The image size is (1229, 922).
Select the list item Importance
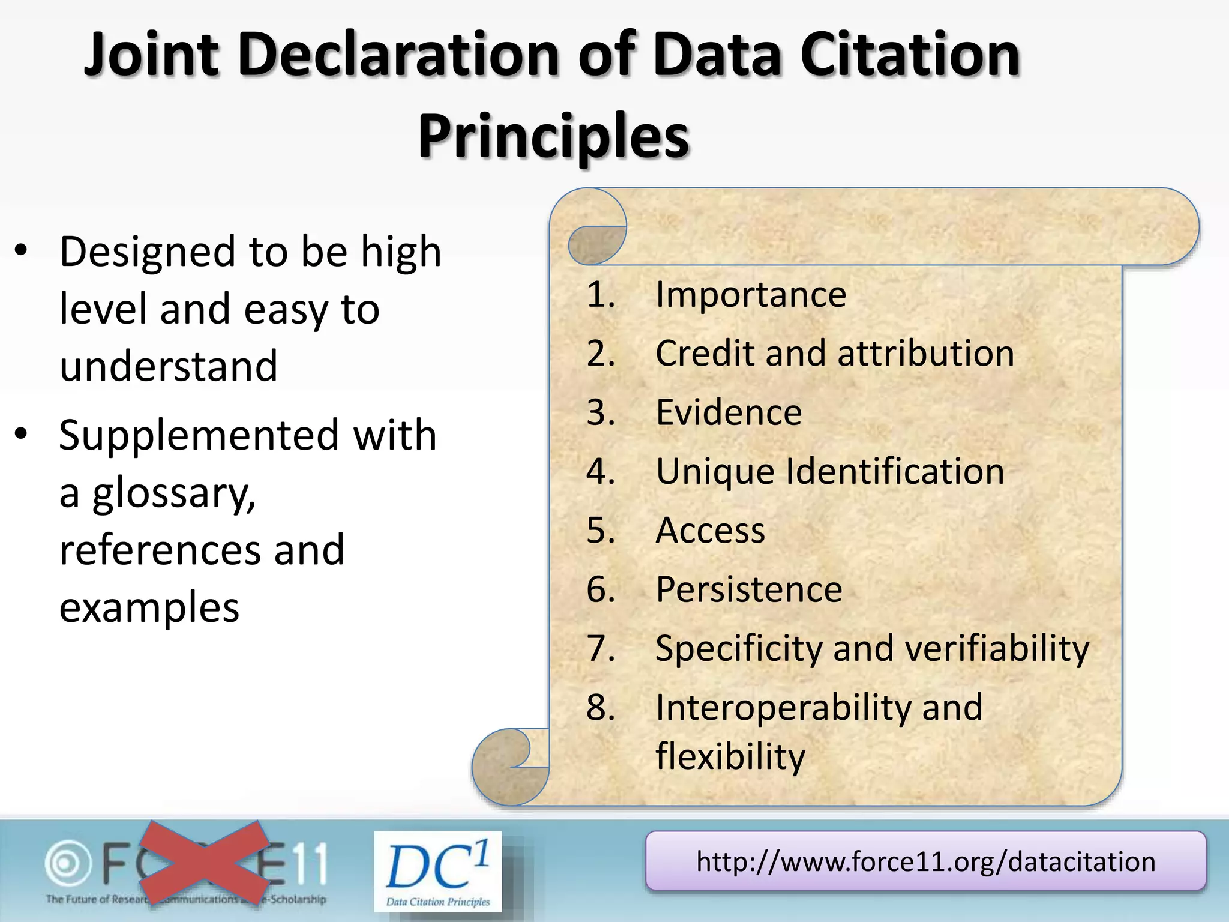750,295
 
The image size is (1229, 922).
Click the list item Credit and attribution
834,353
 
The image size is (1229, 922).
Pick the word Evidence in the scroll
729,412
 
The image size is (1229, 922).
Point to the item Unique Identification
829,471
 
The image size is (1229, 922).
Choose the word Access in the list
710,531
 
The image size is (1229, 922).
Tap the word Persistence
749,589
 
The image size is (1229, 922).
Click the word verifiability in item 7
996,649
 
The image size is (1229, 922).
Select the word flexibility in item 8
730,756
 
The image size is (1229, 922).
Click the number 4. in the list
601,471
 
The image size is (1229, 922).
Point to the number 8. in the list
601,707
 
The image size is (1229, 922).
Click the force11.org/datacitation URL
925,861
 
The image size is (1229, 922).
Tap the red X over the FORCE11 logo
204,863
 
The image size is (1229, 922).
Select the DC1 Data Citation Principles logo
438,871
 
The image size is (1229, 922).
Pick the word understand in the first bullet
169,366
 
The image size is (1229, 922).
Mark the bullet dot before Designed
22,252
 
